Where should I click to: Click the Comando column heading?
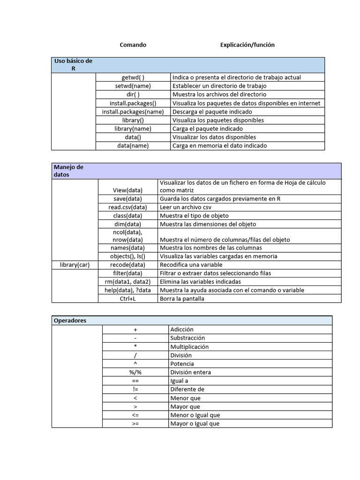133,45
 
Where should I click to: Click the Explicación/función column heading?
247,45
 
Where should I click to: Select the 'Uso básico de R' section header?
73,65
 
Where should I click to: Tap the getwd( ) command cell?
133,77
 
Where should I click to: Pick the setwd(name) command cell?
133,86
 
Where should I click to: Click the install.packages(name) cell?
133,112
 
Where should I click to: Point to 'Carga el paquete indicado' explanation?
208,128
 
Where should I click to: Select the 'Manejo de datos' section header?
68,171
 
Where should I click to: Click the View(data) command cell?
127,190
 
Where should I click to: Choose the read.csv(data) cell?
127,207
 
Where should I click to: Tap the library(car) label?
75,265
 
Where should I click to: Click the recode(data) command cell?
127,265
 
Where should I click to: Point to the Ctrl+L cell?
127,299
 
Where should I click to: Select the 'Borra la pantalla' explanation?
182,299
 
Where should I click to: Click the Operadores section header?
70,321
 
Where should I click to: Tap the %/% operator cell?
135,372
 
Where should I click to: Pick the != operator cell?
135,389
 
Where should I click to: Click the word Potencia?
182,364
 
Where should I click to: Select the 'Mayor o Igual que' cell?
195,423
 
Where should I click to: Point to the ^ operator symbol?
135,364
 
